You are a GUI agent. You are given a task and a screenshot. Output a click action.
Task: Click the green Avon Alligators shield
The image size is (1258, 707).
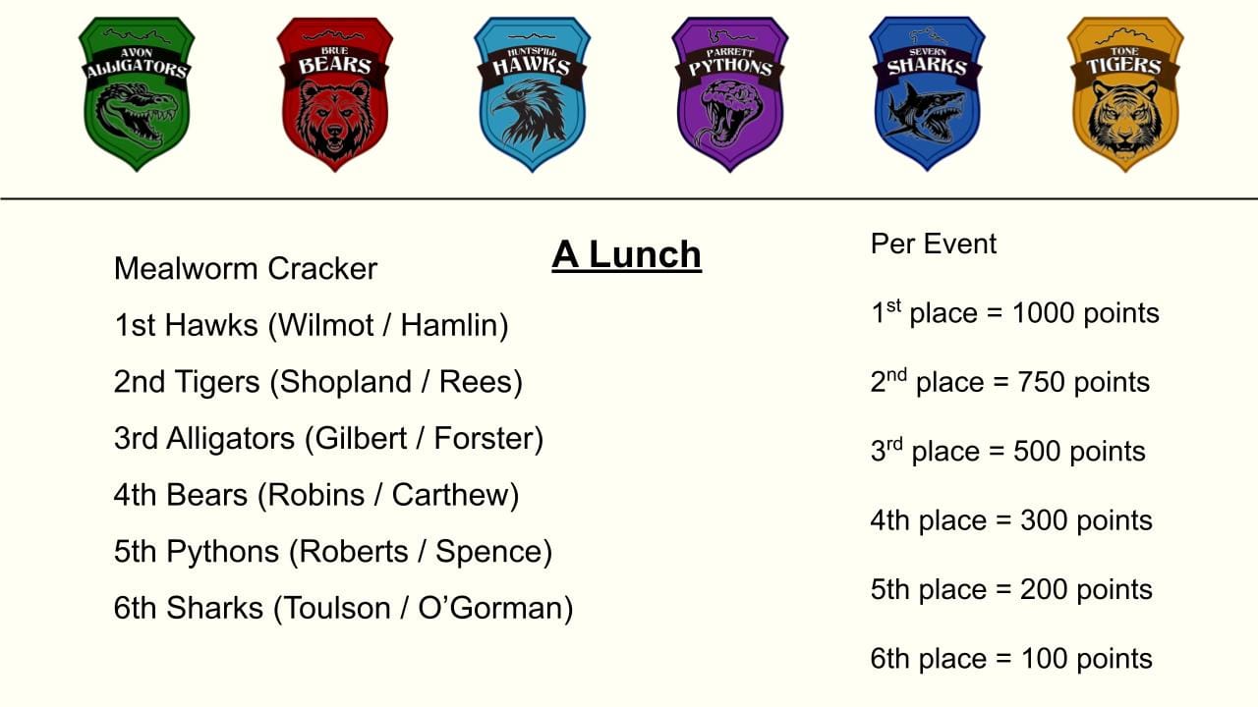tap(137, 93)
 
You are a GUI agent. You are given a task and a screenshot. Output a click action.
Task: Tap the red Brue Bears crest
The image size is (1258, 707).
tap(335, 93)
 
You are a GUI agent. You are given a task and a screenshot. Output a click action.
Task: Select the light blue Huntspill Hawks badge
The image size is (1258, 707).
tap(533, 93)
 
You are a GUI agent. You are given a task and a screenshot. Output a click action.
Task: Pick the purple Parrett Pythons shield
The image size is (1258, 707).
tap(730, 93)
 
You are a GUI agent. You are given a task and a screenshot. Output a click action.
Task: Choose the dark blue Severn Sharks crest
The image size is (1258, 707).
tap(927, 93)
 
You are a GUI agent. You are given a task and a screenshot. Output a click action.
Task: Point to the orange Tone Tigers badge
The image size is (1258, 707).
tap(1125, 93)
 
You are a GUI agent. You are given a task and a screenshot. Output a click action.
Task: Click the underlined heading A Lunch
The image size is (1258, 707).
tap(626, 255)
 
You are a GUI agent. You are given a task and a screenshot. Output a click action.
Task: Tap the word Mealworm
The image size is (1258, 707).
tap(186, 269)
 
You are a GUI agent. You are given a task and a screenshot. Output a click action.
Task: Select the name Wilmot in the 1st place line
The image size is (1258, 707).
tap(326, 325)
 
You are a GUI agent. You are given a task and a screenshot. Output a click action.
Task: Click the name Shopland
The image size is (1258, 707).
tap(346, 383)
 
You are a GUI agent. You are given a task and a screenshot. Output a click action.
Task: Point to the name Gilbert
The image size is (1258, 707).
tap(361, 438)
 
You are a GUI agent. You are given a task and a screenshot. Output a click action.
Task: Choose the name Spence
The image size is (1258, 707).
tap(487, 552)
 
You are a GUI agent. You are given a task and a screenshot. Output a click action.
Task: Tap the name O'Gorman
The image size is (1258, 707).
tap(489, 608)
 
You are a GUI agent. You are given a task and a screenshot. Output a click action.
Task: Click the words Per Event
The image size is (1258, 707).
tap(934, 245)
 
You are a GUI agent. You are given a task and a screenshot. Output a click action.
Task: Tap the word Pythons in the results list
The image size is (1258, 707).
tap(222, 552)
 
